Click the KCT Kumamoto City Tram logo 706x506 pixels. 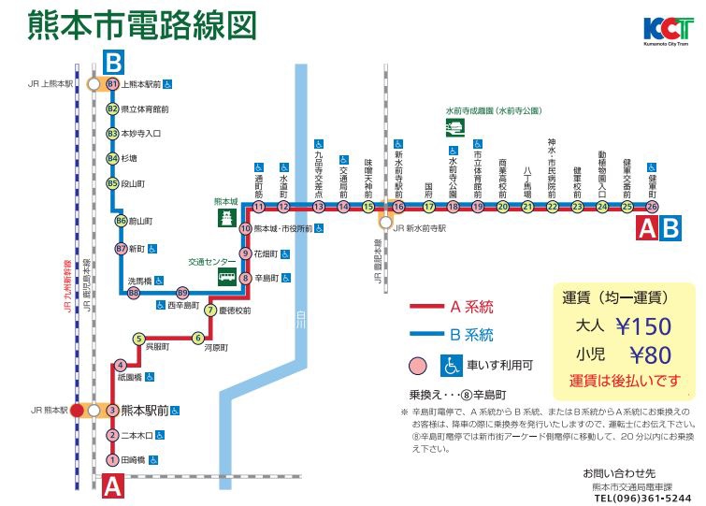point(668,30)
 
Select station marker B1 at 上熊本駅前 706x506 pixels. point(113,84)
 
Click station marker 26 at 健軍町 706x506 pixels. point(652,207)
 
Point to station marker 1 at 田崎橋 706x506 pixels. point(113,459)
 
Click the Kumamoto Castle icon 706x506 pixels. point(226,218)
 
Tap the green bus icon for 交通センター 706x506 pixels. point(226,277)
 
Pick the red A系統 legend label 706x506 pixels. point(471,307)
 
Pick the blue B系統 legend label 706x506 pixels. point(471,335)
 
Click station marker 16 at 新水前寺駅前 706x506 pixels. point(397,207)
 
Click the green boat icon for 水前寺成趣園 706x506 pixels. point(456,127)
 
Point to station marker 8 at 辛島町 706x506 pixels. point(245,278)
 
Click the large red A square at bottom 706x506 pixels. point(112,485)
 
